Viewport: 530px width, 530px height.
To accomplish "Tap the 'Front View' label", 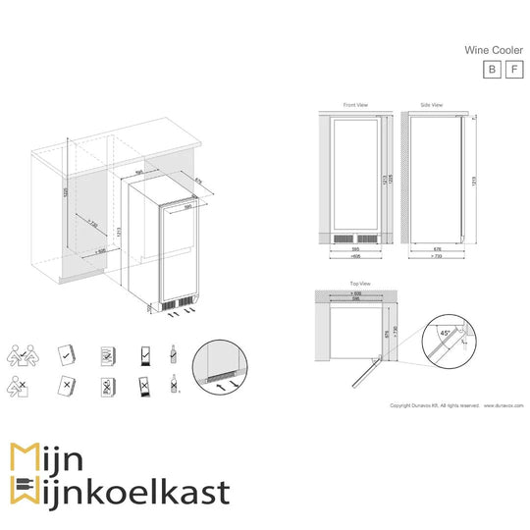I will click(x=354, y=105).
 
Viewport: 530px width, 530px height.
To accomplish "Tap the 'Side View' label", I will click(x=431, y=105).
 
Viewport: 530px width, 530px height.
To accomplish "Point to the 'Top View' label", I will click(x=357, y=283).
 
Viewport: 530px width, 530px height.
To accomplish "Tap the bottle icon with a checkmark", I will click(x=175, y=352).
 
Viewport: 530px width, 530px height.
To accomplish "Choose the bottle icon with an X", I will click(x=175, y=388).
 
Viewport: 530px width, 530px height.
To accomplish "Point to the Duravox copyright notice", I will click(x=456, y=404).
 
